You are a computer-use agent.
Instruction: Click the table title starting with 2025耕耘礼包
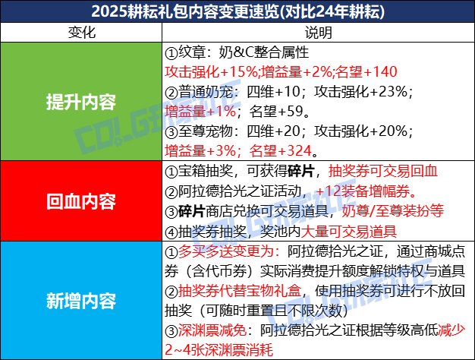pyautogui.click(x=237, y=12)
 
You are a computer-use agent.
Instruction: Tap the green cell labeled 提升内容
pyautogui.click(x=80, y=102)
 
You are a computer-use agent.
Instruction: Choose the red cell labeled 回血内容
pyautogui.click(x=80, y=202)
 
